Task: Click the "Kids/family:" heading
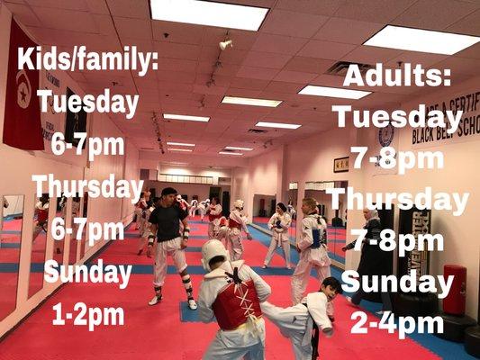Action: coord(88,63)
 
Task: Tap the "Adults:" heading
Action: coord(396,76)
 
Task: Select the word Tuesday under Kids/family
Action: coord(88,102)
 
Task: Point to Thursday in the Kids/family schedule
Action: coord(88,187)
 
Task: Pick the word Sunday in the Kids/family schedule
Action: coord(88,270)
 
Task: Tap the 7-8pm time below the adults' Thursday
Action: coord(396,241)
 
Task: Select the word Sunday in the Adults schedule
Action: coord(396,282)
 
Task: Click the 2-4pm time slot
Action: coord(396,322)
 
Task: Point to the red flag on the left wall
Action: coord(23,99)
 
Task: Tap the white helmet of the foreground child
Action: coord(214,254)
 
